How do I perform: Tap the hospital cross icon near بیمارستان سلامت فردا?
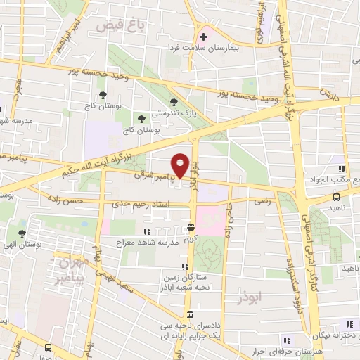click(203, 37)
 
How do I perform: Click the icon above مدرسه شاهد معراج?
click(147, 231)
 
